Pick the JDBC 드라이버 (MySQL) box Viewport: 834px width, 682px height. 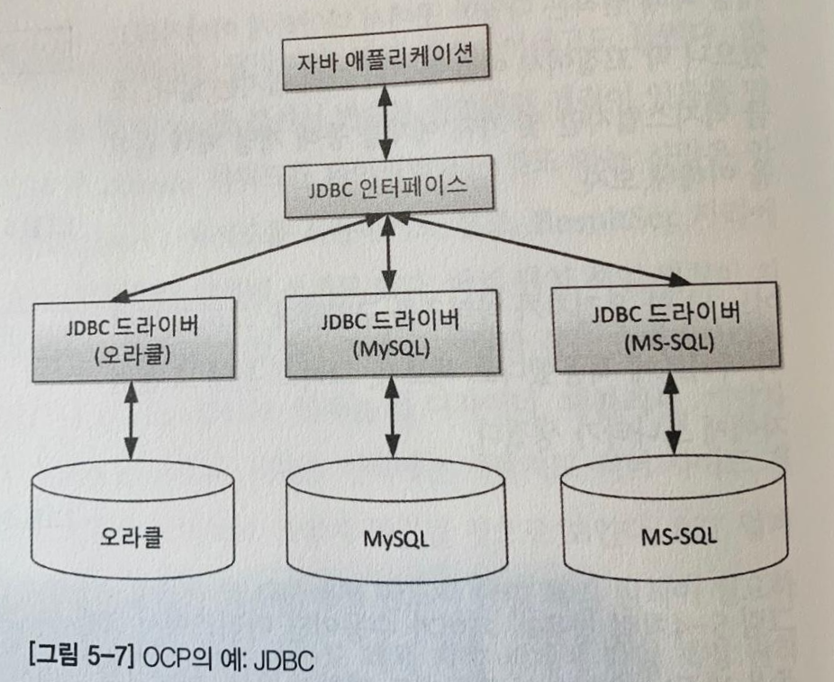click(388, 335)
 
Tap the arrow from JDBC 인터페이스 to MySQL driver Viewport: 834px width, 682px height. click(389, 256)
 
